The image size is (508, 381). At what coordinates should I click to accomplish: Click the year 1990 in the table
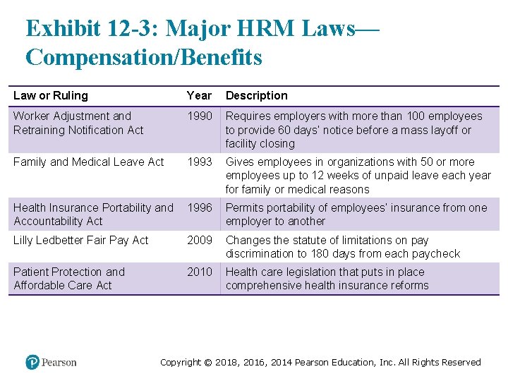coord(199,116)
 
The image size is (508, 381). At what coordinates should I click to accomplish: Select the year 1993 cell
coord(199,162)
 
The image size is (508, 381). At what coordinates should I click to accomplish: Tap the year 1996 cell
coord(199,207)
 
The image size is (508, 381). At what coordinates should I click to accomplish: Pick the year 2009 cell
coord(199,240)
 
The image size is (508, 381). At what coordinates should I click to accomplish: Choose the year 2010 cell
coord(199,272)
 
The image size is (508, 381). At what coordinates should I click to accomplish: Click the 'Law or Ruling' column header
coord(51,95)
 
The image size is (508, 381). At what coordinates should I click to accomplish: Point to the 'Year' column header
coord(199,95)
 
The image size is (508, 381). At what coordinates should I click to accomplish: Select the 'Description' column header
coord(257,95)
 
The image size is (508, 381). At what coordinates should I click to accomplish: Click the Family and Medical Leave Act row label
coord(88,162)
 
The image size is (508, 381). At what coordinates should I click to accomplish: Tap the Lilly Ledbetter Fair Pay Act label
coord(81,240)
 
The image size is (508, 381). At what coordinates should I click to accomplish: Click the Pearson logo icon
coord(32,362)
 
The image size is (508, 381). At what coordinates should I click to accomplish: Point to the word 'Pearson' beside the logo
coord(59,362)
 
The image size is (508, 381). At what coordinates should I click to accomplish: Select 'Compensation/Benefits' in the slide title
coord(143,57)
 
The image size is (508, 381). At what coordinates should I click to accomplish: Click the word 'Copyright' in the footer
coord(181,362)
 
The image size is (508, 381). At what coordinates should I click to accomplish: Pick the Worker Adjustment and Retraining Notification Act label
coord(78,123)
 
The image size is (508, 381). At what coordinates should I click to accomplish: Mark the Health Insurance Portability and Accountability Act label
coord(92,214)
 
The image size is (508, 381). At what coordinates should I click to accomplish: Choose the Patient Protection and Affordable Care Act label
coord(69,278)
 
